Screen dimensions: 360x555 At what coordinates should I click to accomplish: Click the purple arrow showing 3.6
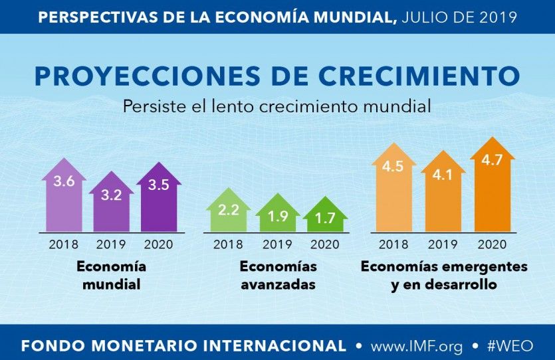click(x=64, y=196)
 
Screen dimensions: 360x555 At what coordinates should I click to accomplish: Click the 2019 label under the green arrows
click(x=278, y=244)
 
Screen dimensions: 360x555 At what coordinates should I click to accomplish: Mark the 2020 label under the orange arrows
click(x=493, y=244)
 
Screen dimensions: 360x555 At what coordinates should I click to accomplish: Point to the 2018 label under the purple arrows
click(x=64, y=244)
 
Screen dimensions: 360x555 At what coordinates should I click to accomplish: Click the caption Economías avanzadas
click(x=278, y=276)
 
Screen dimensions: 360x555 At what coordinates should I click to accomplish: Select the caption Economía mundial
click(x=111, y=276)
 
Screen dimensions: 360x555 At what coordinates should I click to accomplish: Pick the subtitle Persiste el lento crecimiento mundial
click(x=277, y=106)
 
